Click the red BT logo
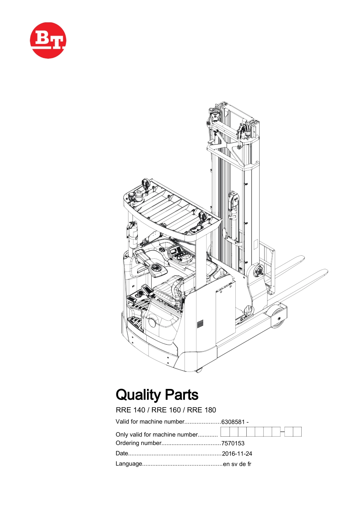(48, 40)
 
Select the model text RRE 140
(130, 410)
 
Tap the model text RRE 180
(202, 410)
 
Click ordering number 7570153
(233, 443)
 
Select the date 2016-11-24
(237, 454)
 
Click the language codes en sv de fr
(237, 464)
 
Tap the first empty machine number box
(225, 432)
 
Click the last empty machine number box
(297, 432)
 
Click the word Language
(129, 464)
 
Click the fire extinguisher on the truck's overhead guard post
(132, 235)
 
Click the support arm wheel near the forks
(278, 317)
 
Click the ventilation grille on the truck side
(200, 324)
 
